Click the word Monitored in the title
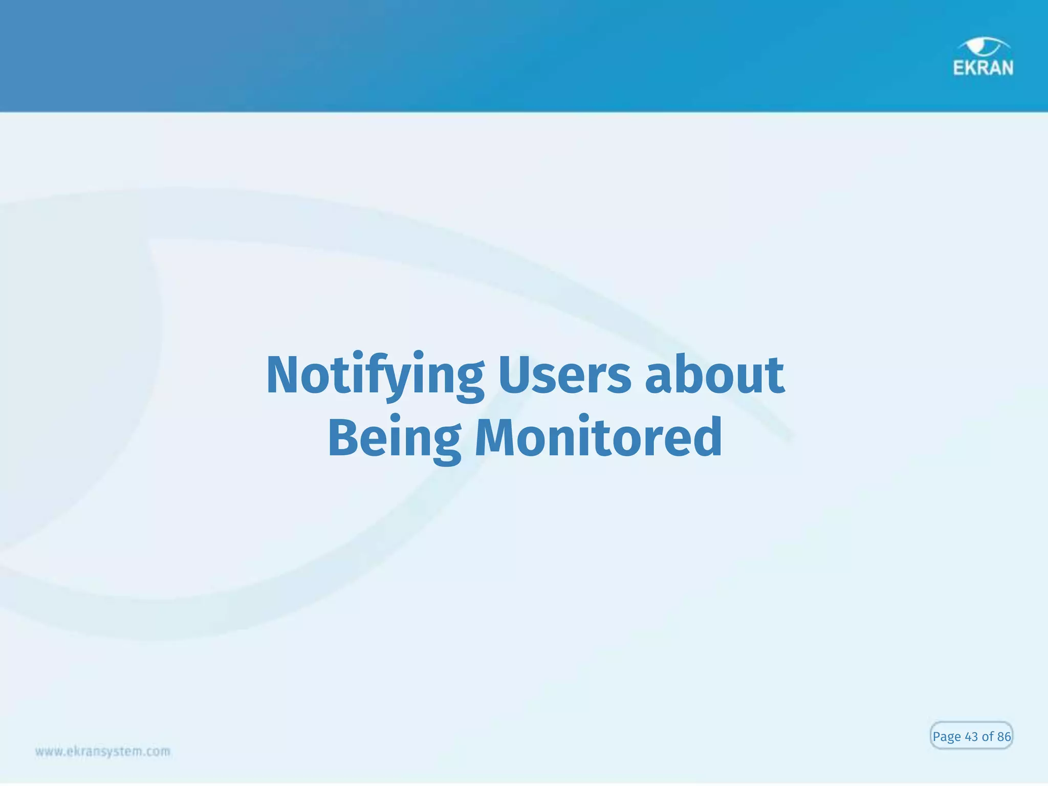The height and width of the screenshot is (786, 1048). click(598, 438)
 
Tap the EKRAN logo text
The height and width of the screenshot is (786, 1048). click(983, 68)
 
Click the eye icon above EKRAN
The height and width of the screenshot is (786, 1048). click(983, 46)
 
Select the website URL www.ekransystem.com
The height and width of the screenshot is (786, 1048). click(102, 751)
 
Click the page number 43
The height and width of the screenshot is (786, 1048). click(971, 736)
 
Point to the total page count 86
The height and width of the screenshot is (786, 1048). click(1004, 736)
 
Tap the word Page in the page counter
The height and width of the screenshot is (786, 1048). click(946, 737)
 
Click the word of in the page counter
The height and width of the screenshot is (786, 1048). click(988, 736)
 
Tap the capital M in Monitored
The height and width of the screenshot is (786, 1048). click(494, 438)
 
